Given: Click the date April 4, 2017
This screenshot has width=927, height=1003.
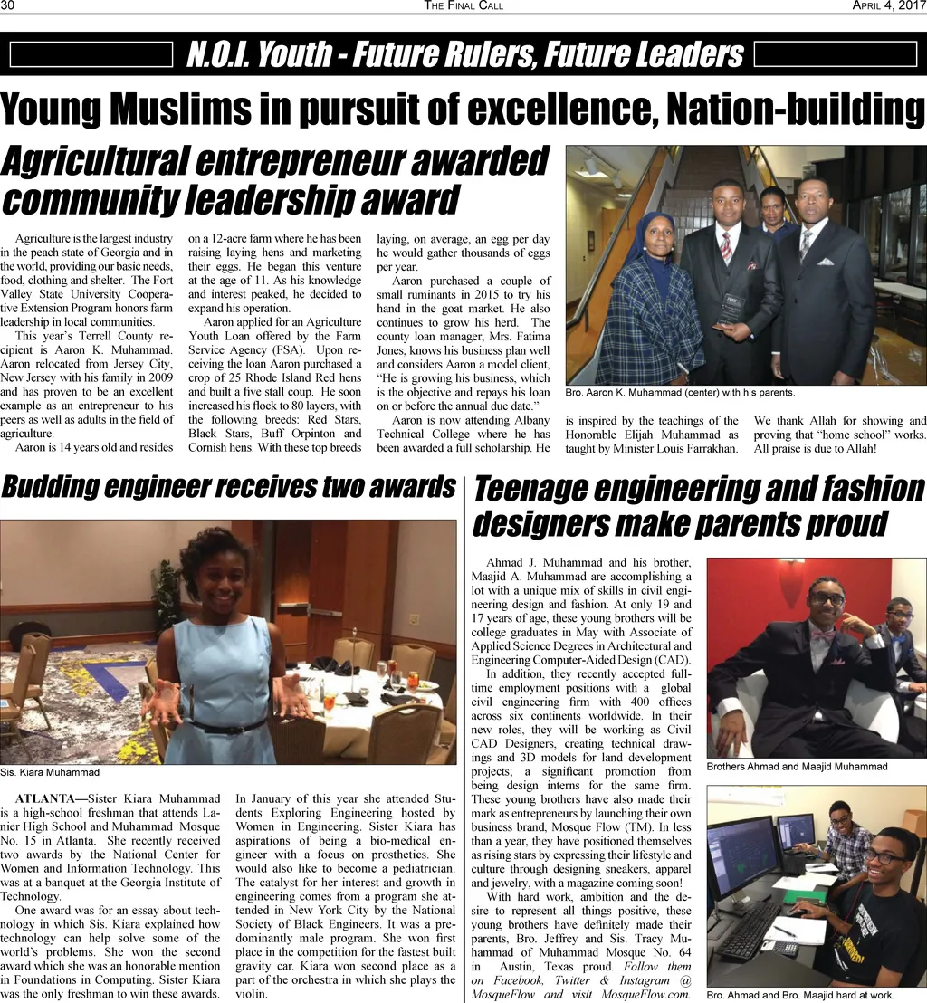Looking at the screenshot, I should point(888,6).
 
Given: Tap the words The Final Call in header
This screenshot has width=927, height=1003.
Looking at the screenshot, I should point(463,6).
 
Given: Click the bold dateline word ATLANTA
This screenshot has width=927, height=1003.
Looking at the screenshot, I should point(45,798).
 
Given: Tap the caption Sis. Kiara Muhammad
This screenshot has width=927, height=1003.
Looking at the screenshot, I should point(50,773).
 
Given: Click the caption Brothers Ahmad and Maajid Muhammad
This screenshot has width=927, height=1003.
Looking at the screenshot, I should point(797,767).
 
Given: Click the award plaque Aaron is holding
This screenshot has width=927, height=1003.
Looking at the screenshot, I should point(731,308).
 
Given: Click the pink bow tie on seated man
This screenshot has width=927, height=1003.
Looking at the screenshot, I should point(823,635).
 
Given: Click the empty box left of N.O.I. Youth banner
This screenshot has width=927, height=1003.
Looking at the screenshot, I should point(91,55).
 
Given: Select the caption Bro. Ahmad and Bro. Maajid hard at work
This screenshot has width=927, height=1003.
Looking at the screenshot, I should point(800,996).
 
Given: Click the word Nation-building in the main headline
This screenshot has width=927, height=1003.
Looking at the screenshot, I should point(797,110).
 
